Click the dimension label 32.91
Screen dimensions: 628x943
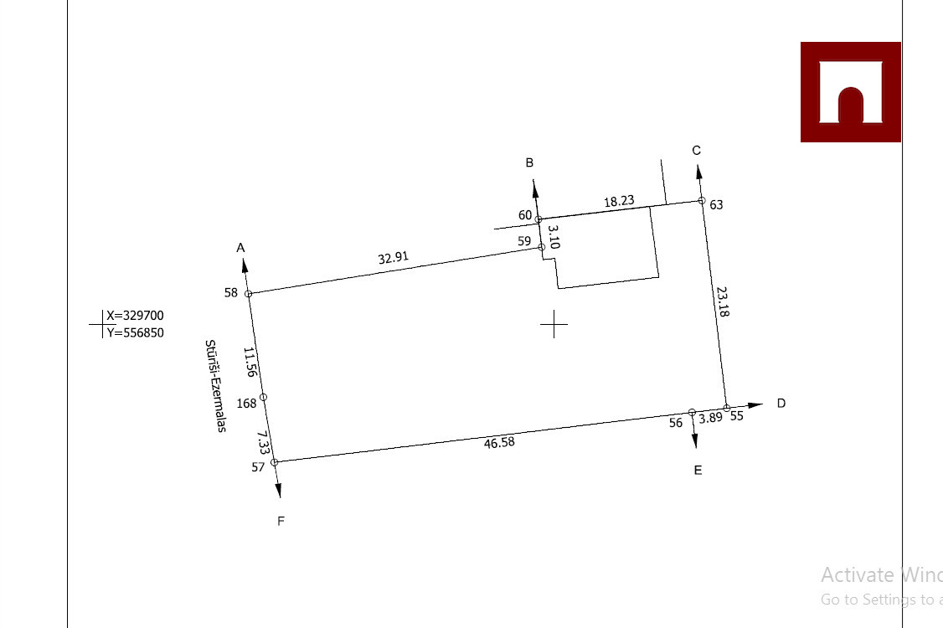point(394,258)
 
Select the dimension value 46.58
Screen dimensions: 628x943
point(499,442)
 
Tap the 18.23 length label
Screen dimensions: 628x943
point(619,202)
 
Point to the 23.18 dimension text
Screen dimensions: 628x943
point(723,301)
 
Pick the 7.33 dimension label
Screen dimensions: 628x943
point(262,442)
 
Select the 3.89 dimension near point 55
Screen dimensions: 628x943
point(710,417)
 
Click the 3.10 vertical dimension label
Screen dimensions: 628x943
point(554,237)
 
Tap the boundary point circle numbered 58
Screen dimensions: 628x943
point(249,294)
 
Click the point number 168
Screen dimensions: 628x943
point(246,404)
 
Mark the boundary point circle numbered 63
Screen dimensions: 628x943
point(702,200)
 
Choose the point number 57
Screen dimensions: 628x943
point(258,467)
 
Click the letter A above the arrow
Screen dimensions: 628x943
point(241,248)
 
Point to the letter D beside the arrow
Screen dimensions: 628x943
point(781,403)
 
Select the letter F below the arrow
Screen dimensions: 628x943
point(281,521)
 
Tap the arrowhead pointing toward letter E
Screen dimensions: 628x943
point(694,443)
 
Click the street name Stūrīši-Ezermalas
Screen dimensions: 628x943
point(216,385)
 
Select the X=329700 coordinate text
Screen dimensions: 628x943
point(135,316)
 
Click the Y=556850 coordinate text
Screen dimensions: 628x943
point(135,332)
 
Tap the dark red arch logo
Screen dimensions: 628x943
point(851,92)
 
